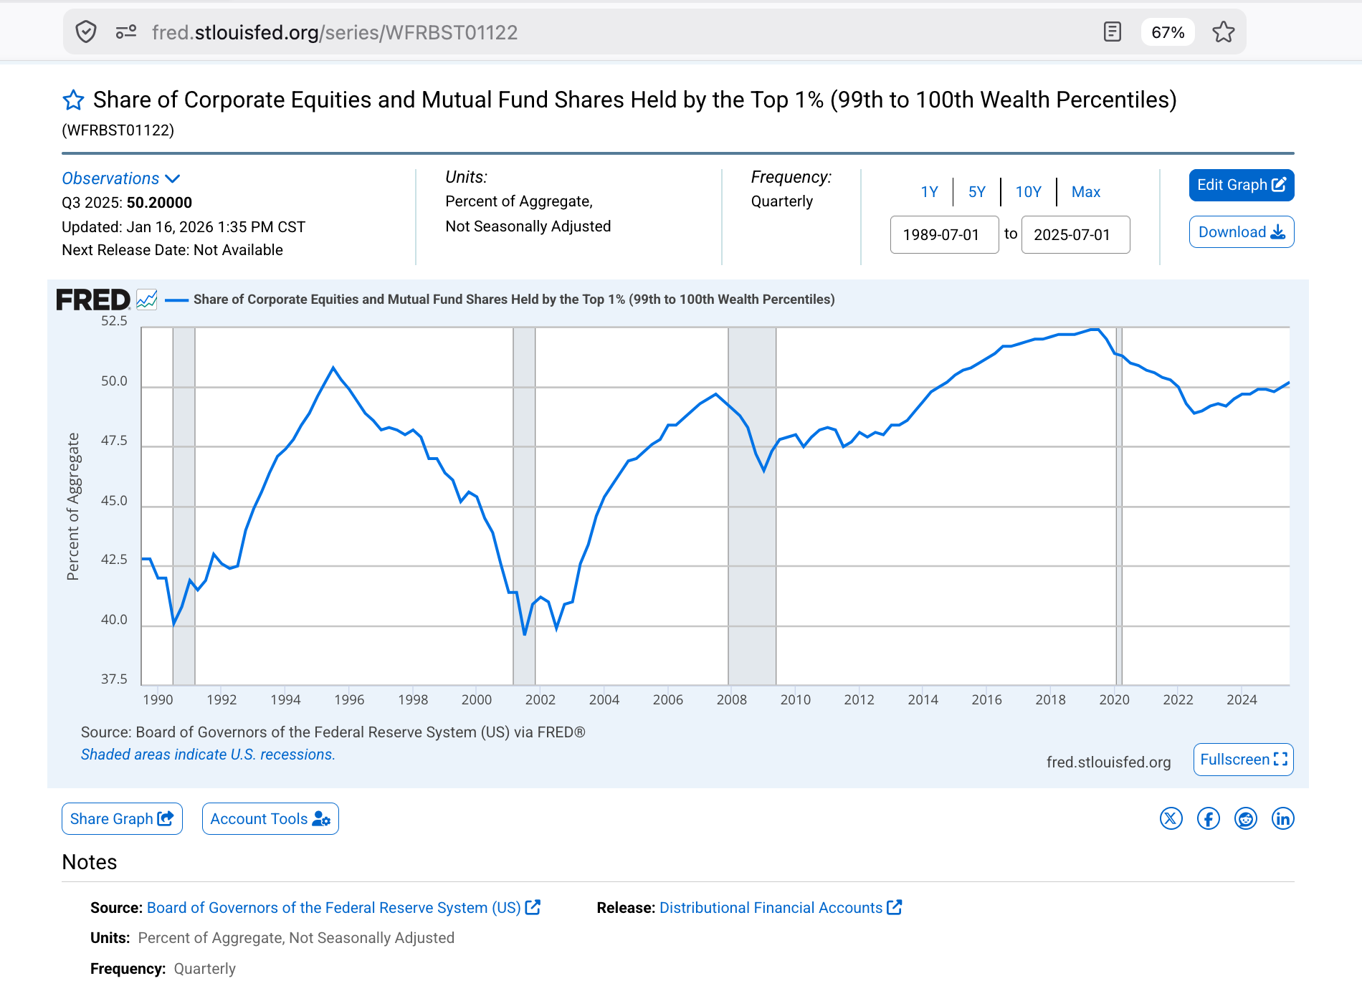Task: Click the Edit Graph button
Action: click(x=1242, y=185)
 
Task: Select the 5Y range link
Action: click(x=977, y=192)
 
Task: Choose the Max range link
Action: click(x=1086, y=192)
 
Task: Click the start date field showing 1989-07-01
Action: click(x=944, y=234)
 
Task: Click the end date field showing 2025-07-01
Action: click(x=1075, y=234)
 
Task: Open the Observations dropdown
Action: click(x=121, y=178)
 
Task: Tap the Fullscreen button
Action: click(x=1244, y=760)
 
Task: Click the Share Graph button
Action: click(x=122, y=818)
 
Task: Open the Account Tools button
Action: click(x=270, y=818)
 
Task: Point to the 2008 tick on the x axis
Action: click(x=732, y=699)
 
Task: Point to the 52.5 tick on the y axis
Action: click(x=114, y=320)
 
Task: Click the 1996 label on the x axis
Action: click(x=349, y=699)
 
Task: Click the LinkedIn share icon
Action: click(x=1283, y=818)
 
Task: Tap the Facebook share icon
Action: click(x=1209, y=818)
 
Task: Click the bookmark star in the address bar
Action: click(x=1224, y=32)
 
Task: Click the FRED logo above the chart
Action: click(x=93, y=300)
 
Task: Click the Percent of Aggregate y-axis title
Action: click(x=73, y=507)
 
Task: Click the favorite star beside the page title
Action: click(x=73, y=100)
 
